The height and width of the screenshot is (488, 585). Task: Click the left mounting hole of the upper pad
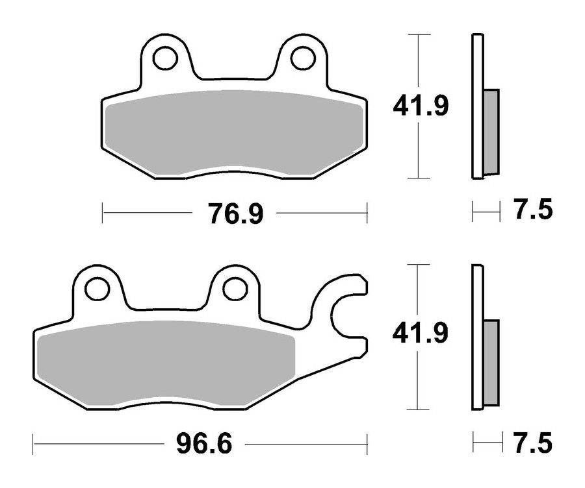coord(165,58)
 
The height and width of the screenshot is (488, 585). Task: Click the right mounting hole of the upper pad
coord(302,58)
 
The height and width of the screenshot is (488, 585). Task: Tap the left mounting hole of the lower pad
coord(97,288)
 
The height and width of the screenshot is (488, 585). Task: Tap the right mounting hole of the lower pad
coord(235,288)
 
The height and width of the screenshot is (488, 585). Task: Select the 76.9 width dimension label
coord(235,213)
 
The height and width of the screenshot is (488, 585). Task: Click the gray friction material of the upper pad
coord(234,133)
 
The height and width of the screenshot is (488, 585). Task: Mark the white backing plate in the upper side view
coord(477,65)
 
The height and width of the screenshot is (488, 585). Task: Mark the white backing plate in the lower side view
coord(477,292)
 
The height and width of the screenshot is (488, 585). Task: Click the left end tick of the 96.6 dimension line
coord(34,445)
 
